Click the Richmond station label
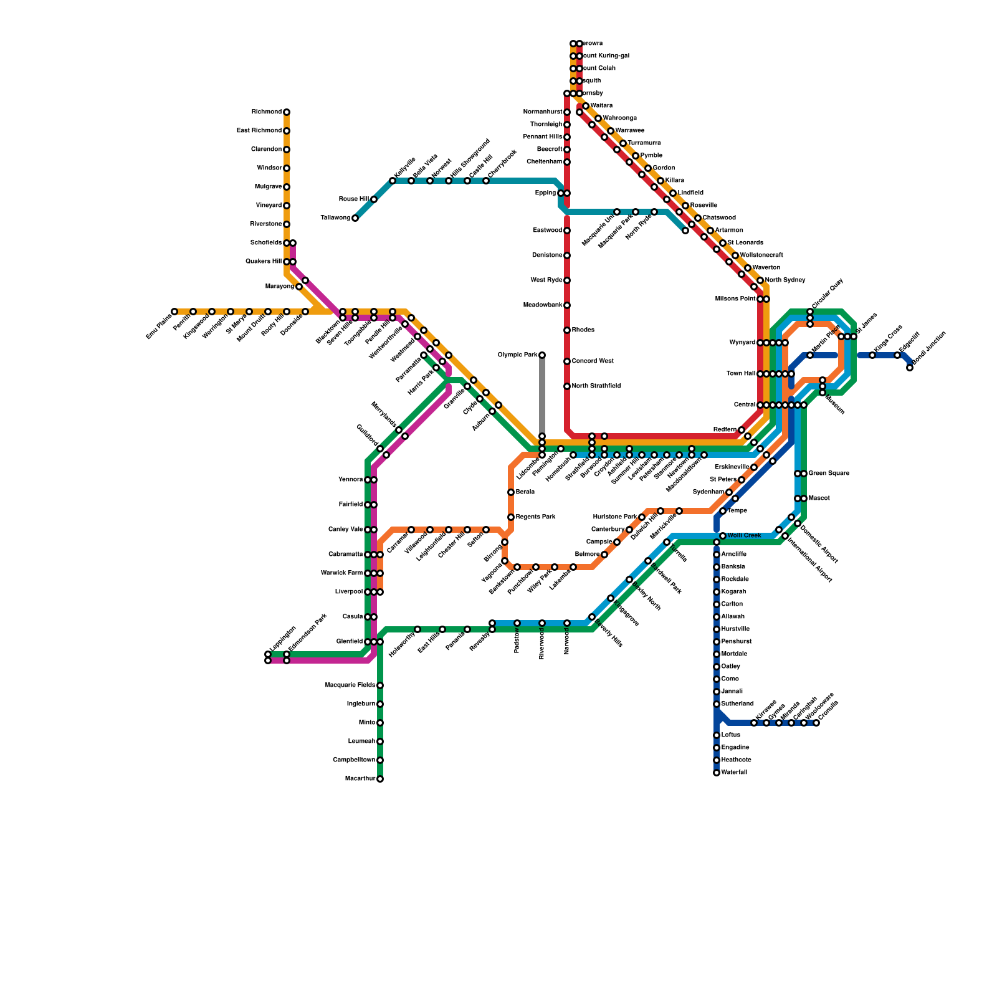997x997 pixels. click(266, 112)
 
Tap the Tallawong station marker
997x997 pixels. click(355, 218)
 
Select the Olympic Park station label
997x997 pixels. click(517, 355)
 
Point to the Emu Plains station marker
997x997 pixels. click(174, 312)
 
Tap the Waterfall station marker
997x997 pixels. click(717, 773)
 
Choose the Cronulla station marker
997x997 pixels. click(816, 723)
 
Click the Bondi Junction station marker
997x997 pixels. click(910, 368)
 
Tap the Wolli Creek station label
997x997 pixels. click(744, 536)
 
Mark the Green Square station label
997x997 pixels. click(828, 474)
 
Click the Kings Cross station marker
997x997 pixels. click(872, 355)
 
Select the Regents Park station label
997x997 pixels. click(535, 517)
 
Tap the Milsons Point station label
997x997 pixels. click(735, 299)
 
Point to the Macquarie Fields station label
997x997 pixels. click(350, 685)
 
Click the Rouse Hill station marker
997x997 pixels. click(374, 199)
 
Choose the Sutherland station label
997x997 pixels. click(737, 704)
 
